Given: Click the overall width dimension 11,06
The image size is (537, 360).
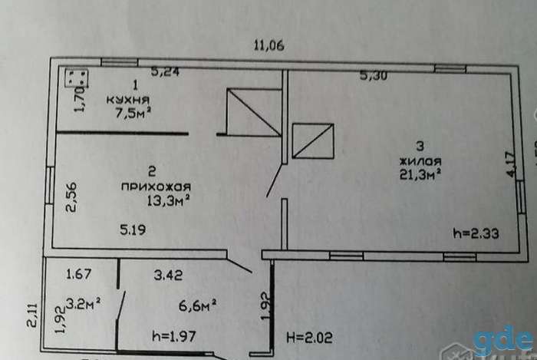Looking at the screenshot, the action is click(268, 45).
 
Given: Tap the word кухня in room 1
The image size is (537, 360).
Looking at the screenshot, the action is click(128, 100).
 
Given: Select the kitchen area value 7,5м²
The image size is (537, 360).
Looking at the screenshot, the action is click(133, 113).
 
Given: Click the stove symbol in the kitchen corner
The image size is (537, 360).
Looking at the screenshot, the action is click(77, 78).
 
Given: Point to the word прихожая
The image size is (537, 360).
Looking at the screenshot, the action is click(156, 187).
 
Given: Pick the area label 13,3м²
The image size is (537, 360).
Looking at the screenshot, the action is click(169, 200).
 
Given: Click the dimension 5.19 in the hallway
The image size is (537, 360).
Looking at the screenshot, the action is click(133, 230).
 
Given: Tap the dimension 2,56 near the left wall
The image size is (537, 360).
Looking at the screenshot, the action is click(72, 197).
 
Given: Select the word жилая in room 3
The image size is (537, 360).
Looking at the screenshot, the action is click(420, 161).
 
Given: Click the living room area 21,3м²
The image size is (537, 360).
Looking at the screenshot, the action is click(420, 174).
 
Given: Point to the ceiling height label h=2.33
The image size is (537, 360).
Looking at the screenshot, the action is click(476, 233).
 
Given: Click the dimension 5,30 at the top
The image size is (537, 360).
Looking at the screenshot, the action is click(374, 75).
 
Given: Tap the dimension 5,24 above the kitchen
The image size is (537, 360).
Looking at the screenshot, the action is click(166, 71).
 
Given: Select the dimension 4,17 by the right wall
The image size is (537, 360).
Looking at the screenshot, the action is click(510, 164).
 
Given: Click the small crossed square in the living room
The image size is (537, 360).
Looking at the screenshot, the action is click(313, 140).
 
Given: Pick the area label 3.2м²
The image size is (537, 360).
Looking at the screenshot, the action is click(83, 303).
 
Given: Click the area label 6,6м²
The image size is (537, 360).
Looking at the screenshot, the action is click(197, 306).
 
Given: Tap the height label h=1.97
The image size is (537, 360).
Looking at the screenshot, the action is click(174, 336).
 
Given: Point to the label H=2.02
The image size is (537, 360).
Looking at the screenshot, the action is click(309, 338).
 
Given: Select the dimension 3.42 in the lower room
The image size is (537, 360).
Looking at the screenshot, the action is click(168, 275).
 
